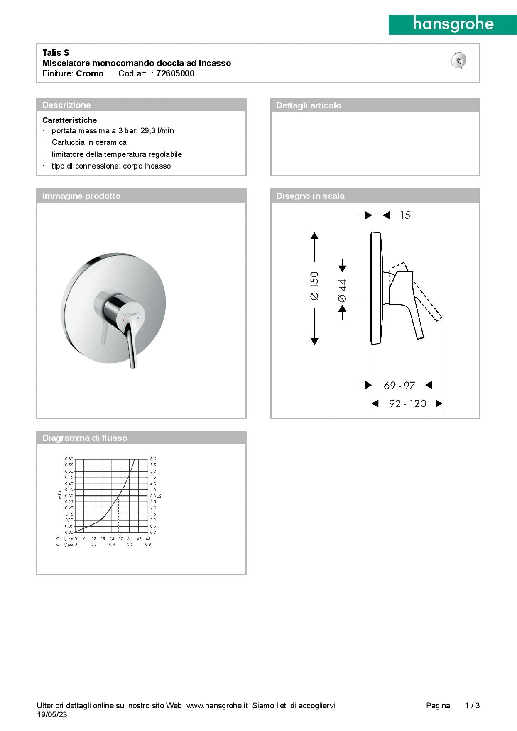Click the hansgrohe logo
coord(453,25)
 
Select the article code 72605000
coord(175,73)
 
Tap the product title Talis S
coord(56,52)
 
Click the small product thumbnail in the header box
coord(459,61)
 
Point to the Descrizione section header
coord(66,105)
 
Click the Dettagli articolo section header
coord(309,105)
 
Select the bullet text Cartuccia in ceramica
coord(89,142)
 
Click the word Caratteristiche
coord(69,120)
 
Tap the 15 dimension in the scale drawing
coord(405,215)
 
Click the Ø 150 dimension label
coord(314,286)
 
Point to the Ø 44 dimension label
coord(342,290)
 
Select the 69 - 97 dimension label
coord(399,386)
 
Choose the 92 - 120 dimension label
coord(407,403)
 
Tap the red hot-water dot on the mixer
coord(123,320)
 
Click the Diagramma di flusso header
coord(85,438)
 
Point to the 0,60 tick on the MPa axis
coord(69,459)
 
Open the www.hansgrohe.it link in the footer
coord(217,705)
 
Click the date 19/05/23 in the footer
coord(52,714)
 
